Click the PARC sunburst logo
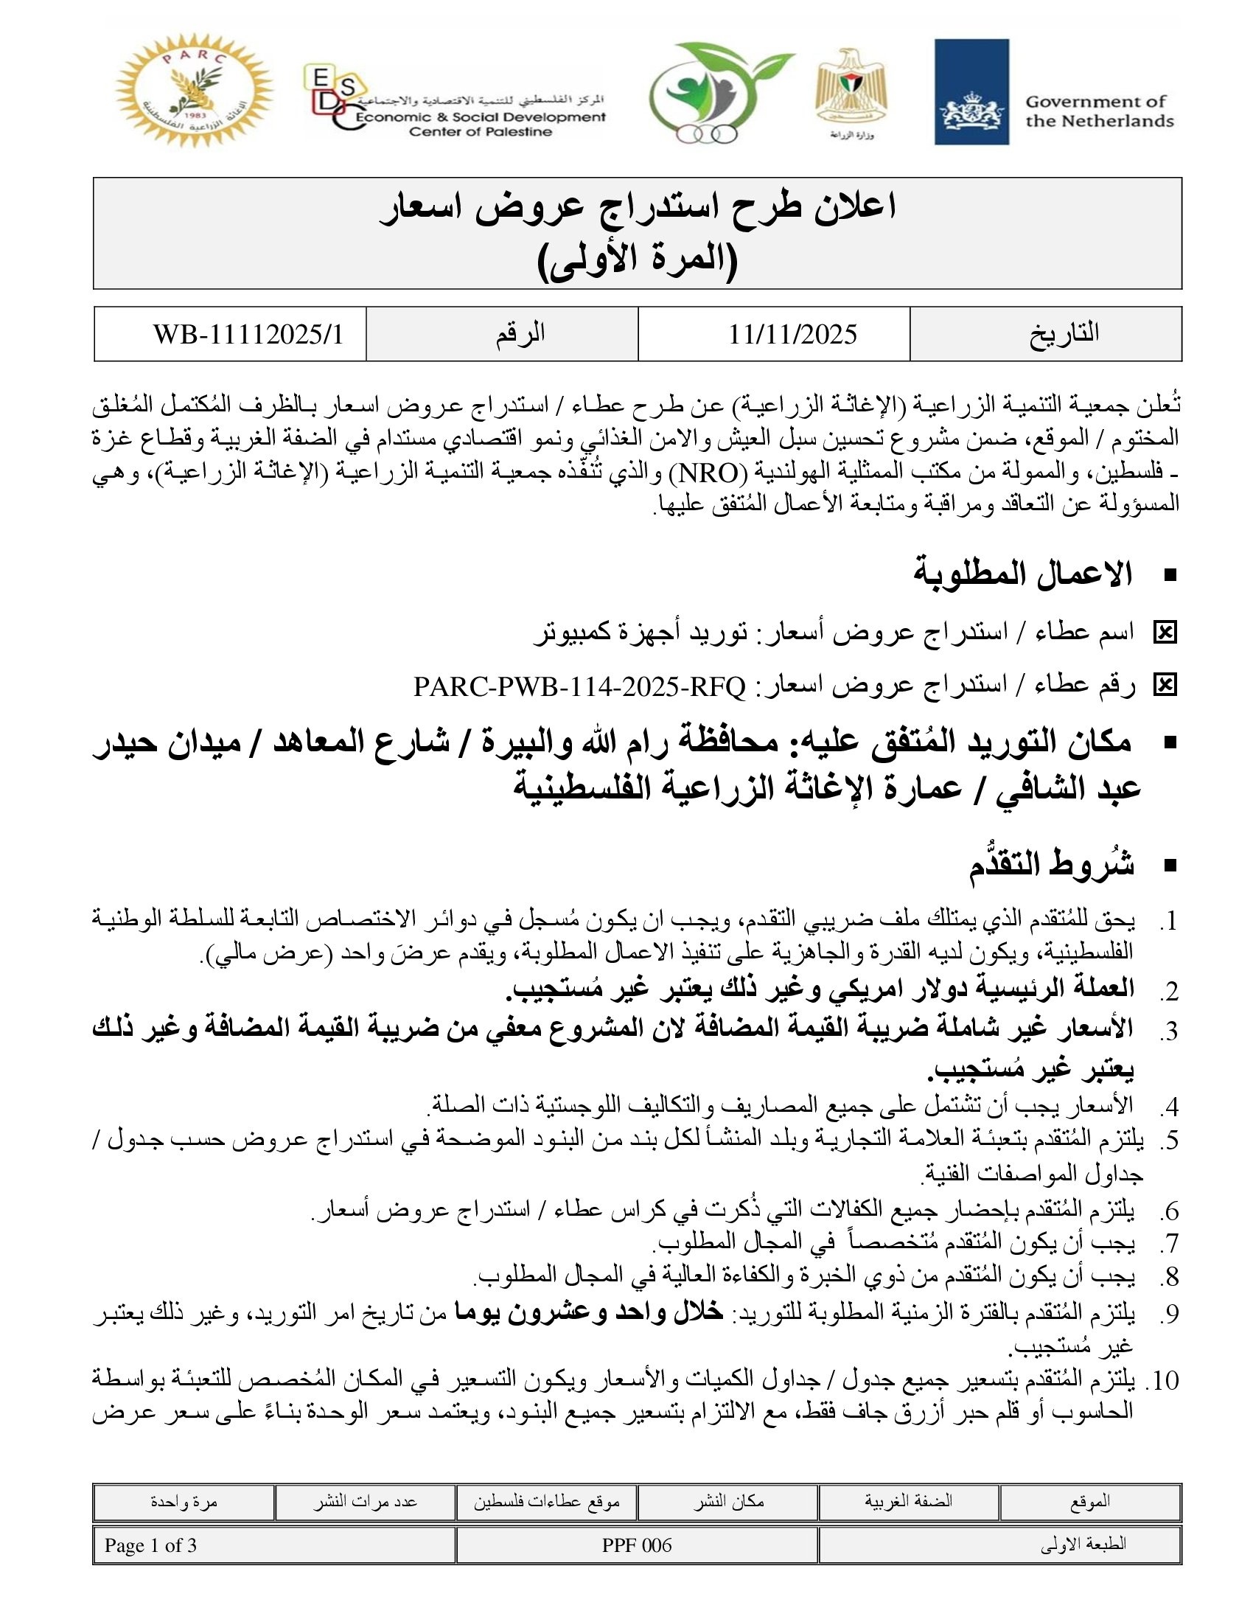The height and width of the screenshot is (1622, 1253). pyautogui.click(x=195, y=90)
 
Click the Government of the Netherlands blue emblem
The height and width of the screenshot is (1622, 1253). pyautogui.click(x=971, y=91)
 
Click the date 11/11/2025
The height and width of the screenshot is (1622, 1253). pyautogui.click(x=792, y=334)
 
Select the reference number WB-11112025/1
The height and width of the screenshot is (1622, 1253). pyautogui.click(x=248, y=334)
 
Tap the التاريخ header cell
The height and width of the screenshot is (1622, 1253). pyautogui.click(x=1063, y=333)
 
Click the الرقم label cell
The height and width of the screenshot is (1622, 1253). pyautogui.click(x=520, y=333)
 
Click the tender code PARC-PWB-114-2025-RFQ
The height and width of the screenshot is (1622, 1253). pyautogui.click(x=579, y=686)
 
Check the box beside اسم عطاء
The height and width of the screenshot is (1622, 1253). pyautogui.click(x=1165, y=633)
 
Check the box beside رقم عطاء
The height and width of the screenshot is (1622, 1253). pyautogui.click(x=1165, y=686)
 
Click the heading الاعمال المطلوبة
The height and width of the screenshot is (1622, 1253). pyautogui.click(x=1022, y=574)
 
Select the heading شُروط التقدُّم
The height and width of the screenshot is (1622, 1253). pyautogui.click(x=1050, y=866)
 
